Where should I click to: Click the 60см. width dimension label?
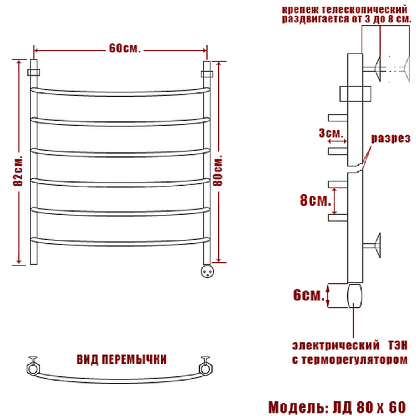[124, 48]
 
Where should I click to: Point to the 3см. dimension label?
[331, 133]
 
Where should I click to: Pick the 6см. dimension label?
[309, 295]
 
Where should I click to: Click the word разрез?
[391, 139]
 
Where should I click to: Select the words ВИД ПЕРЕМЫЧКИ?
[122, 360]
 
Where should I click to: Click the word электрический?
[336, 346]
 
